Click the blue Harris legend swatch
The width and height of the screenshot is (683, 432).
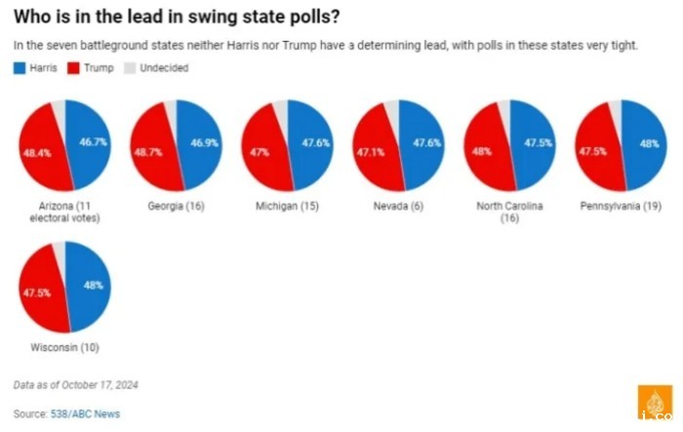pyautogui.click(x=20, y=68)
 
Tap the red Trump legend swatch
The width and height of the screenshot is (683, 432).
pyautogui.click(x=74, y=68)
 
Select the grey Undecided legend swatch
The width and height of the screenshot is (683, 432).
pyautogui.click(x=130, y=68)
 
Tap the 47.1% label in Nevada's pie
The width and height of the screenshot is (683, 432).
pyautogui.click(x=368, y=152)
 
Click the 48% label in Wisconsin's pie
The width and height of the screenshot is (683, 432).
pyautogui.click(x=94, y=286)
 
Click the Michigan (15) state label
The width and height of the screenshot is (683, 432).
pyautogui.click(x=285, y=207)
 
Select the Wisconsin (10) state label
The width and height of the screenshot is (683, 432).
pyautogui.click(x=63, y=347)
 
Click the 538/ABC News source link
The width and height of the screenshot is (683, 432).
pyautogui.click(x=86, y=414)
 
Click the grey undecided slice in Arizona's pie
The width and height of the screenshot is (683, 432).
pyautogui.click(x=59, y=113)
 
